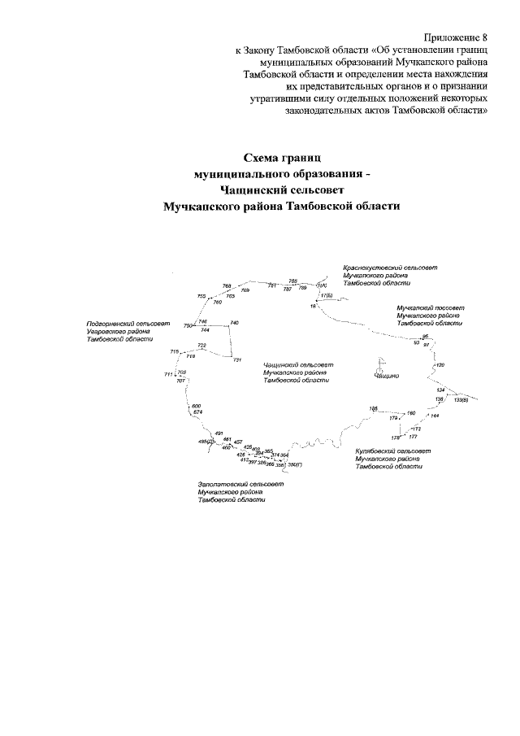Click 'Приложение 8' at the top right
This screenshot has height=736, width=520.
tap(456, 37)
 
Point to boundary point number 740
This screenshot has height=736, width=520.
tap(235, 324)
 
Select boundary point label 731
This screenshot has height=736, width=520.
tap(237, 359)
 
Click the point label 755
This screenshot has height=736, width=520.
tap(202, 296)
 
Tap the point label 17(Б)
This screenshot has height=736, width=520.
tap(327, 296)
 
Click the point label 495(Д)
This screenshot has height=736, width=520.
tap(206, 442)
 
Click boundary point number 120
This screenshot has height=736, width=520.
tap(440, 365)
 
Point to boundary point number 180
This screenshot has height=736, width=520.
tap(411, 413)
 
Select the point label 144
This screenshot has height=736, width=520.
tap(435, 416)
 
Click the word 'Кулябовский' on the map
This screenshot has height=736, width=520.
tap(375, 450)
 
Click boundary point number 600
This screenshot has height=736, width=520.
tap(196, 406)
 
